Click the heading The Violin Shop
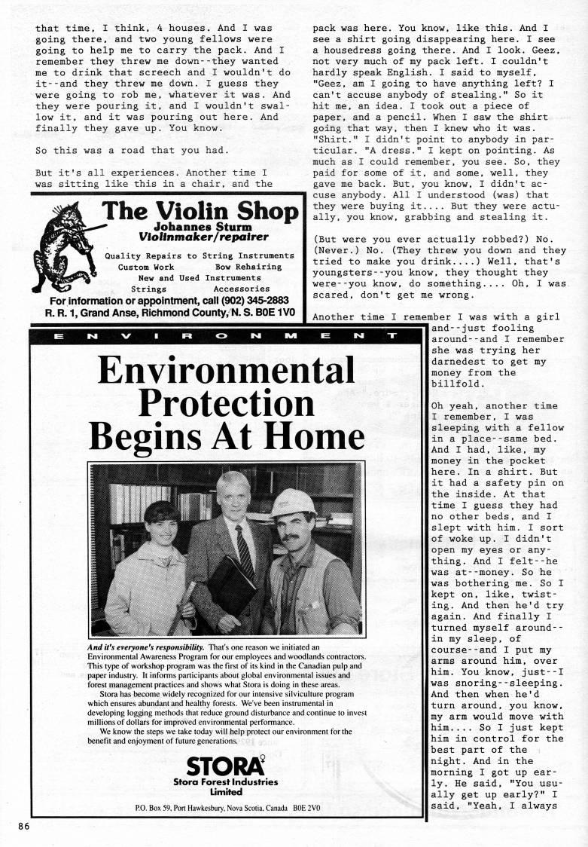(x=198, y=211)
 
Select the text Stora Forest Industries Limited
(x=225, y=787)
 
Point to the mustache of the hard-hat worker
(x=292, y=540)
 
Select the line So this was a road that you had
(x=131, y=150)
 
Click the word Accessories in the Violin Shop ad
(x=241, y=289)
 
